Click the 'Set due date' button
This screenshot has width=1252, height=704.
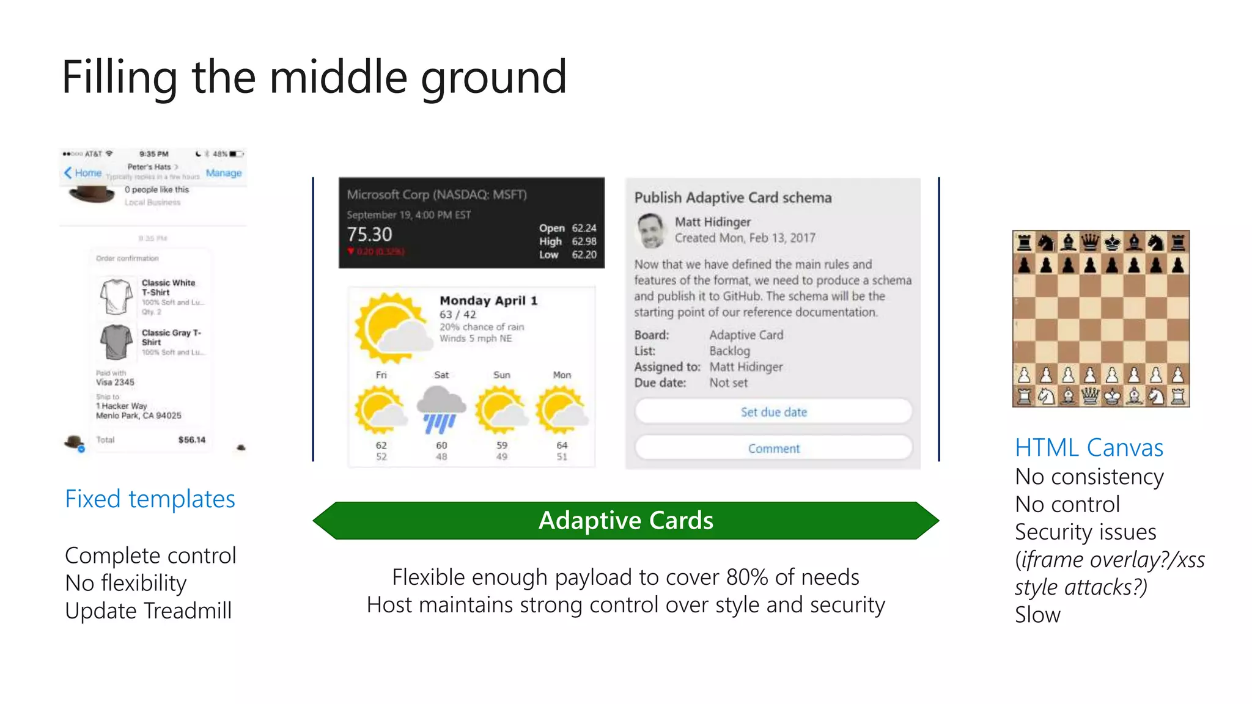click(x=773, y=412)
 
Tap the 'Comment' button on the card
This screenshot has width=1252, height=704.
click(x=773, y=449)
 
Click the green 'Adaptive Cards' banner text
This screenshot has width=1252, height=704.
click(x=625, y=521)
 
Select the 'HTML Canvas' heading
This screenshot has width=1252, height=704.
click(x=1089, y=448)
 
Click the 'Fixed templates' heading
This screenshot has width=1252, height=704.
click(x=150, y=499)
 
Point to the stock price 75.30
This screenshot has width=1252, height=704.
click(x=370, y=235)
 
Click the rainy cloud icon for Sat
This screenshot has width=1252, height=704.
click(x=441, y=409)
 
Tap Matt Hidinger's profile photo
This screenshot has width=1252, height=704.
click(x=651, y=230)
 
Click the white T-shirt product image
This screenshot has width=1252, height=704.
click(x=116, y=296)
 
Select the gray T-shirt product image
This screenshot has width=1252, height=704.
click(x=116, y=342)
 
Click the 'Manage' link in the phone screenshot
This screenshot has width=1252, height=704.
click(x=224, y=173)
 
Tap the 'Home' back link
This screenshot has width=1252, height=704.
click(x=83, y=173)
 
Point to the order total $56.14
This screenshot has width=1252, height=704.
click(x=192, y=440)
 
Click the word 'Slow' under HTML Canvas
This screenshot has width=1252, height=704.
click(x=1037, y=615)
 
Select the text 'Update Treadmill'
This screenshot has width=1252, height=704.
click(x=149, y=611)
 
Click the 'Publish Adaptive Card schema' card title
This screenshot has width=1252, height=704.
click(x=733, y=198)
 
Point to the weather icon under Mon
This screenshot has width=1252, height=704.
click(x=562, y=409)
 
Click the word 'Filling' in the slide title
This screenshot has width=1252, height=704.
click(x=120, y=78)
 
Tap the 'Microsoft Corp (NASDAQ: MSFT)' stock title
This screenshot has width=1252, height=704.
click(x=436, y=195)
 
